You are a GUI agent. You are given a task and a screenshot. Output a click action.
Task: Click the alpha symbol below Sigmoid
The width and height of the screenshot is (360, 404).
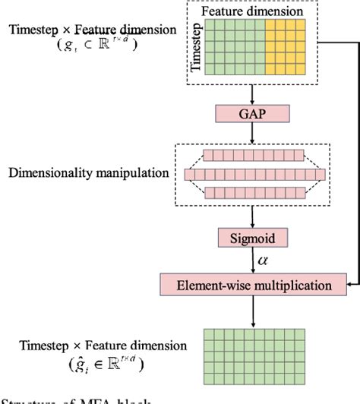[243, 260]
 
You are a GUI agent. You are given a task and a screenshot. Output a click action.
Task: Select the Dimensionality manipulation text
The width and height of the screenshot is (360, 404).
[89, 173]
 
